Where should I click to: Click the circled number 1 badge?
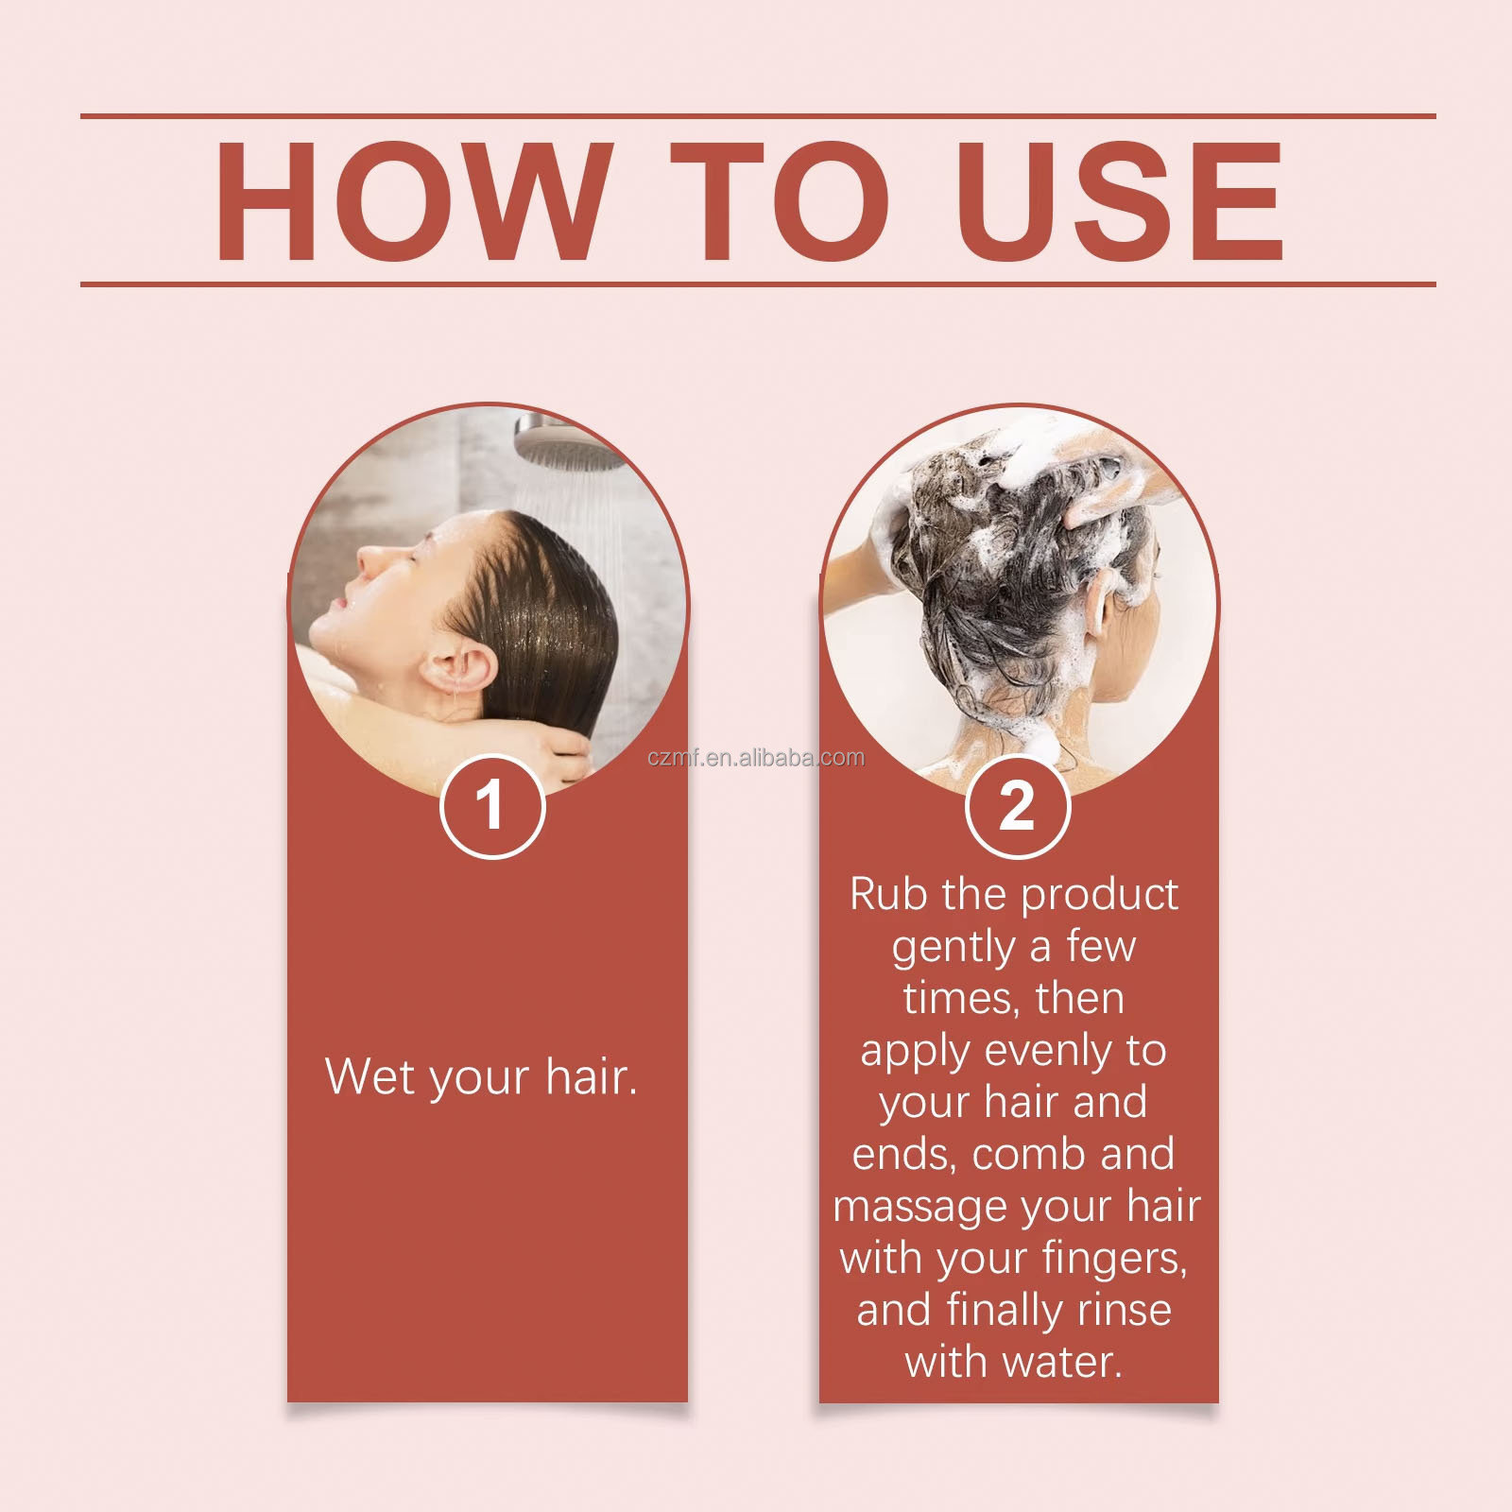(492, 806)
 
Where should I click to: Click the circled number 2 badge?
(1018, 806)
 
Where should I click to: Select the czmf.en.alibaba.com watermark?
(756, 758)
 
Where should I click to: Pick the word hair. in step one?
(592, 1076)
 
